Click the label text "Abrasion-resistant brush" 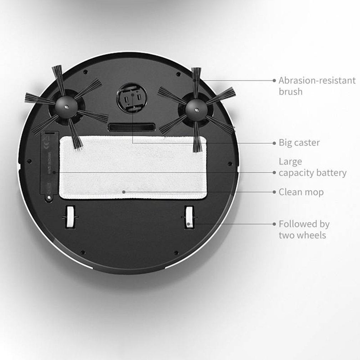317,86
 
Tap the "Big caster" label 299,143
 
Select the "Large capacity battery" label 312,167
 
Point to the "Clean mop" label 301,192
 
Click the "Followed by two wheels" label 304,230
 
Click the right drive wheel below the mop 189,217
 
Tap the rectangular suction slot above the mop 132,127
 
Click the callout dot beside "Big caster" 274,143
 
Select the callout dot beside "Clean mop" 274,192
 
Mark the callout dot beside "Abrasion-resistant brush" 274,81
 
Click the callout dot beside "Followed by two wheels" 274,224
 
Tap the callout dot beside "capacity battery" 274,173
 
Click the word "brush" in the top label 290,92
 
